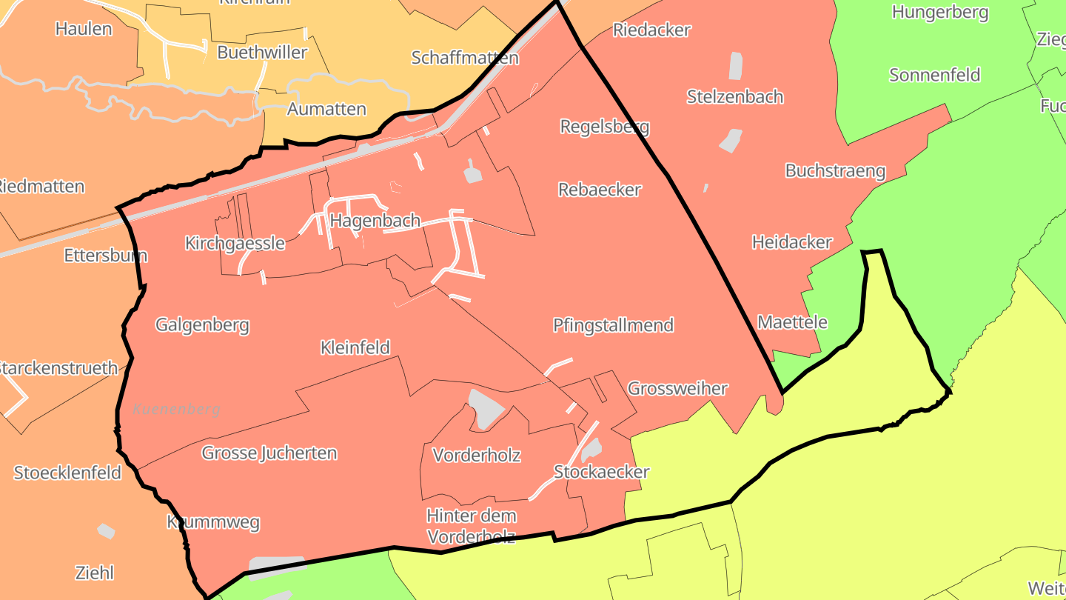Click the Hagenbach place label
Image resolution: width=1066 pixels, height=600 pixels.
(x=375, y=221)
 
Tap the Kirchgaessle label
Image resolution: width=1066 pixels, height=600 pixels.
(x=235, y=243)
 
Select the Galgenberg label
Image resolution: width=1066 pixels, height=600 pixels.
(x=202, y=324)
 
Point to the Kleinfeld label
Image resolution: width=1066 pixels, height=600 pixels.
(x=355, y=347)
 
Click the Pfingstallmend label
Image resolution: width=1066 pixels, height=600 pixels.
(x=613, y=324)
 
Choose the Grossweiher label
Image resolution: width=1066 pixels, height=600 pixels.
(x=677, y=388)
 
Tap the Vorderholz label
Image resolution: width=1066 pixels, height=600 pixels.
(x=476, y=455)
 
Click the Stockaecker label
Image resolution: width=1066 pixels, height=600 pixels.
(x=601, y=472)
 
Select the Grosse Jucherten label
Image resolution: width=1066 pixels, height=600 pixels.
(x=269, y=453)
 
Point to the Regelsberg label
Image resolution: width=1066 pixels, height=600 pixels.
(x=604, y=127)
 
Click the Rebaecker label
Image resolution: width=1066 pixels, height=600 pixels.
(x=600, y=190)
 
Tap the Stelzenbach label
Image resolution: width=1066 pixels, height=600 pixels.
(x=734, y=97)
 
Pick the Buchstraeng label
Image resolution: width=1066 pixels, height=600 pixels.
(x=835, y=171)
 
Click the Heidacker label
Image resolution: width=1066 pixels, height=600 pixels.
(x=791, y=242)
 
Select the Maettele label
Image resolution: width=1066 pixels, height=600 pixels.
(x=792, y=322)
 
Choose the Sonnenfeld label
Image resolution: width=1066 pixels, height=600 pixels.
(x=934, y=75)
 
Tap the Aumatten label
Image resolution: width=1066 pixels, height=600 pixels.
(x=326, y=110)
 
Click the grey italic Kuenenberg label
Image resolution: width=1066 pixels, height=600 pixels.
(x=177, y=409)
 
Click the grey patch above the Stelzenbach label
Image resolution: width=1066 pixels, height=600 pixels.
(x=735, y=66)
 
